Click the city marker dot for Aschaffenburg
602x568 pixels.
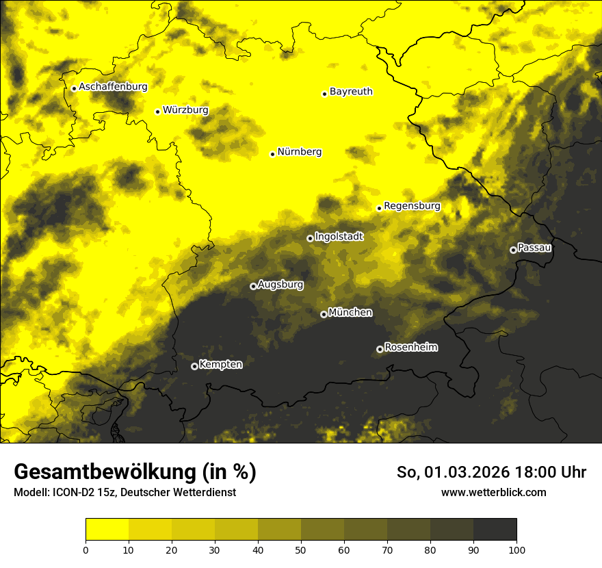coord(74,88)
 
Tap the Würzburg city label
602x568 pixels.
coord(185,109)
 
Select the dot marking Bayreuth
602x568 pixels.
coord(325,94)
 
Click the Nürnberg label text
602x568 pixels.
coord(300,152)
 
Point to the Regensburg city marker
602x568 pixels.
coord(379,208)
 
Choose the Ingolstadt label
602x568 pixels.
coord(339,237)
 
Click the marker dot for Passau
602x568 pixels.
coord(513,250)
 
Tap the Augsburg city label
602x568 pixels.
coord(280,284)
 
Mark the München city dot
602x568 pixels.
coord(324,315)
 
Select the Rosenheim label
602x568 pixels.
coord(411,347)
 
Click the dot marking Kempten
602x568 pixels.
coord(194,366)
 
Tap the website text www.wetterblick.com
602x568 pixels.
coord(494,492)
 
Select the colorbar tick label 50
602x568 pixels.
coord(301,550)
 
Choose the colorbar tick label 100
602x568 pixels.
coord(516,550)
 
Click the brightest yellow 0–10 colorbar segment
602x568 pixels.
coord(107,530)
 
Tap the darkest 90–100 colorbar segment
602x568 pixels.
coord(495,530)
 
